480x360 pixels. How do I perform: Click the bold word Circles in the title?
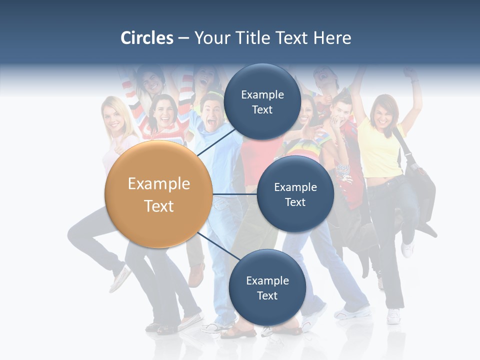[x=147, y=38]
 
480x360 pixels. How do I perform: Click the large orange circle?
[x=159, y=194]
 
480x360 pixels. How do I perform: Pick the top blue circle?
[x=262, y=101]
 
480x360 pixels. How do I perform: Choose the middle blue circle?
[x=295, y=194]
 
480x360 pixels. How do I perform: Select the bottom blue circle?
[x=267, y=287]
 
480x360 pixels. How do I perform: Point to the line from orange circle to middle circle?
[x=234, y=194]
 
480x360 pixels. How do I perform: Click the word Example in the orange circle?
[x=159, y=184]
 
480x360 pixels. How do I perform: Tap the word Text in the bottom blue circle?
[x=267, y=295]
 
